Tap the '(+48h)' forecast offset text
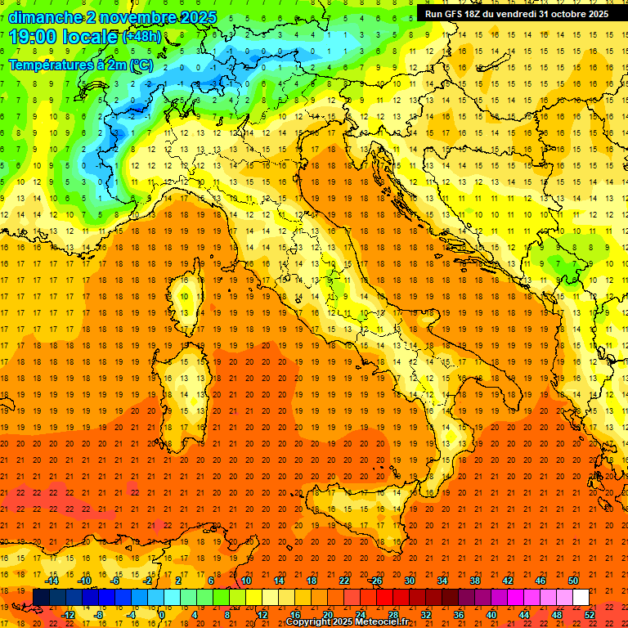click(141, 38)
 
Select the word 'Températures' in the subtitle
click(50, 64)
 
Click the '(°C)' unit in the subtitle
click(140, 64)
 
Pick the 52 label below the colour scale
click(590, 614)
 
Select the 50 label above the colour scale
click(573, 581)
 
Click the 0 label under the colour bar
click(162, 614)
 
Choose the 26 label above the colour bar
click(376, 581)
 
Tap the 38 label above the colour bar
click(475, 581)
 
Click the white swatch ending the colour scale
click(581, 597)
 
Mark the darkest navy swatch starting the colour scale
click(41, 597)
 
